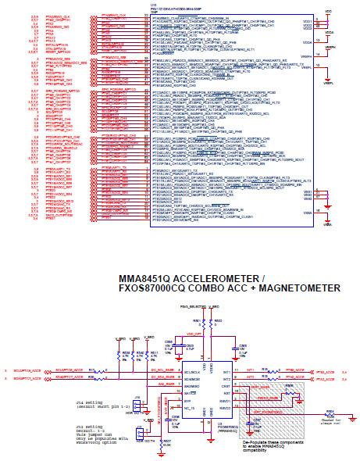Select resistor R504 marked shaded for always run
[329, 410]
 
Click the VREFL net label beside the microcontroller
[328, 68]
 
